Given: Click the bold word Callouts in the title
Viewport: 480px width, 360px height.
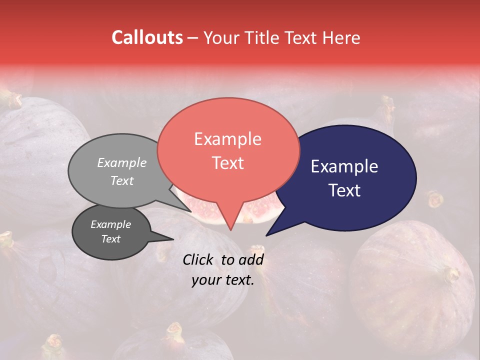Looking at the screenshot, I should (x=147, y=37).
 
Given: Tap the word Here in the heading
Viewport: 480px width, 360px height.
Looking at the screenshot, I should (x=339, y=37).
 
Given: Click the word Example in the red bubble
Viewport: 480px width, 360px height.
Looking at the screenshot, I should (x=227, y=139).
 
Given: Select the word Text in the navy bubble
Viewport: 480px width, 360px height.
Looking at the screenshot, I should (x=344, y=190).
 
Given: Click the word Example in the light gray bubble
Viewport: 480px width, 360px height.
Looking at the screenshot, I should (x=121, y=162).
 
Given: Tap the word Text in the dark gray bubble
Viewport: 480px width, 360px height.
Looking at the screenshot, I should (x=110, y=239).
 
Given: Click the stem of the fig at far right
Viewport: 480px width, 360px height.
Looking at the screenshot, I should (x=451, y=274).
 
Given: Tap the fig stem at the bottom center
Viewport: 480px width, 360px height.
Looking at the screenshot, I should (x=175, y=331).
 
